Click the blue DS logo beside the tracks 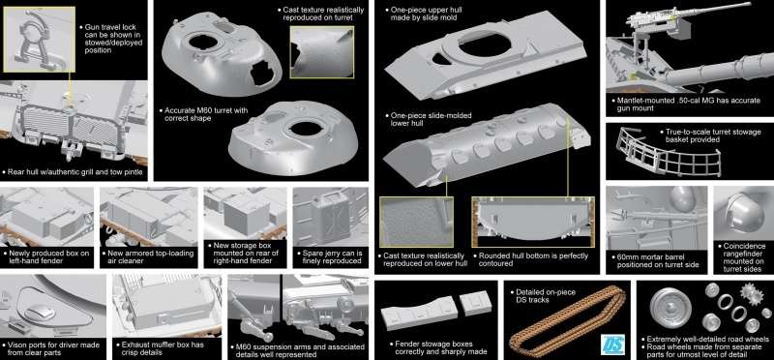(x=613, y=344)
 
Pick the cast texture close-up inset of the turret (x=322, y=52)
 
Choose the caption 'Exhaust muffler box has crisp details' (x=160, y=348)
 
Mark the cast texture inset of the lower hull (x=416, y=222)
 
